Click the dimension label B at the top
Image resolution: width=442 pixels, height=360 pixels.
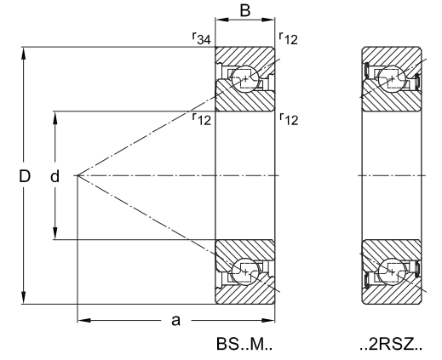click(x=245, y=11)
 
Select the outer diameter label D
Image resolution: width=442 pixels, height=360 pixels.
click(x=25, y=176)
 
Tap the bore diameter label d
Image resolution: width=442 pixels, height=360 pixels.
click(x=55, y=176)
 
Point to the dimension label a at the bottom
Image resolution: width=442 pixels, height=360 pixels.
click(x=176, y=321)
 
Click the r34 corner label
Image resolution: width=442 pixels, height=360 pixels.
click(x=201, y=38)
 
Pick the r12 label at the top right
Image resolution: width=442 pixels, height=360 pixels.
click(x=289, y=38)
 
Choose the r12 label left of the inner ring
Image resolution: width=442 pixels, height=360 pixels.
click(x=201, y=119)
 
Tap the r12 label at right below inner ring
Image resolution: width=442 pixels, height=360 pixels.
click(x=289, y=119)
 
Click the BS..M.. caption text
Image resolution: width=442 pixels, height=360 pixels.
click(x=244, y=344)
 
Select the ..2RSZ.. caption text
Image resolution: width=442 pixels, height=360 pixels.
click(x=391, y=344)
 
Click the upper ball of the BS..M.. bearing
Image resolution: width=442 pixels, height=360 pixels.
click(x=245, y=79)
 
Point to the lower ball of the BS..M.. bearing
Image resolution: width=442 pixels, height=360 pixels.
click(x=245, y=271)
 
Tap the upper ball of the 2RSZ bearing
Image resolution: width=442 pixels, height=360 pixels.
click(x=392, y=79)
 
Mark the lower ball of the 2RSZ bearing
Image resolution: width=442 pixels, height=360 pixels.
click(x=392, y=271)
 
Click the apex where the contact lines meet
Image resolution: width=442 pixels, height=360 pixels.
click(x=77, y=176)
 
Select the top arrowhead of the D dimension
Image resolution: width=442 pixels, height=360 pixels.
click(x=24, y=53)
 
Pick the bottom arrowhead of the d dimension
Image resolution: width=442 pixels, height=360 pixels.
click(x=55, y=233)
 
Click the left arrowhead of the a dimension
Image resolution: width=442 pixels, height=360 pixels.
click(x=84, y=320)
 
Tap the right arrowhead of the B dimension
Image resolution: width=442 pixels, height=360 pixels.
click(x=268, y=20)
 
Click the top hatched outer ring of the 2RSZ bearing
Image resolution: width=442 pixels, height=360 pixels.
click(x=392, y=57)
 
